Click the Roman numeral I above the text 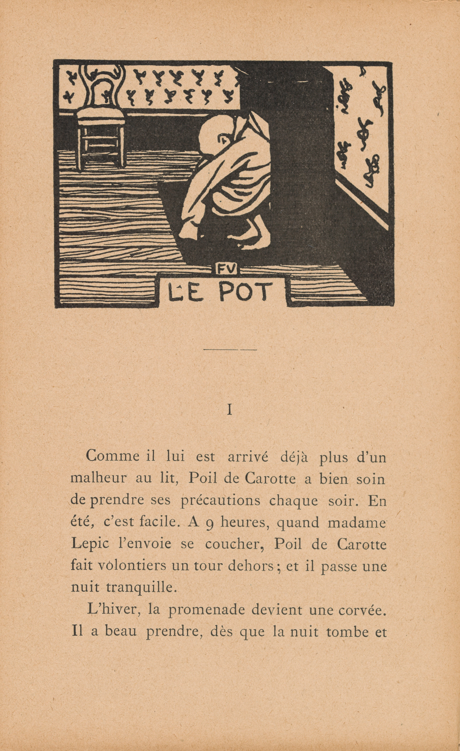230,410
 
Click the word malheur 98,479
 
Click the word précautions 220,501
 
